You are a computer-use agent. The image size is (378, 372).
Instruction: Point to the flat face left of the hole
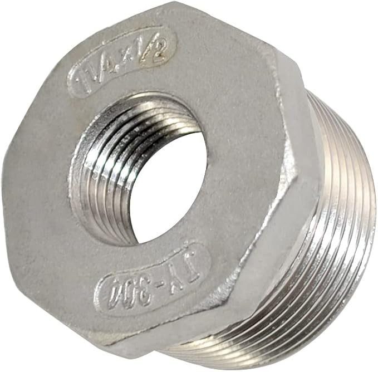click(39, 184)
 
